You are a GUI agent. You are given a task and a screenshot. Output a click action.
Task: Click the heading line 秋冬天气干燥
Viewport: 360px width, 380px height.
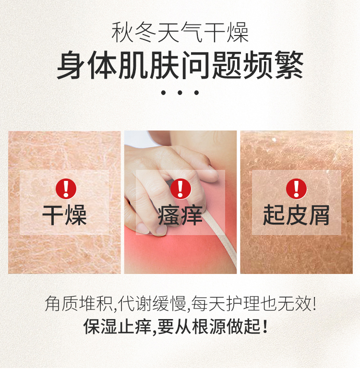click(180, 32)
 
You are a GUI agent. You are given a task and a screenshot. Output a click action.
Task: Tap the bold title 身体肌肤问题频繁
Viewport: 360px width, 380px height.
click(180, 65)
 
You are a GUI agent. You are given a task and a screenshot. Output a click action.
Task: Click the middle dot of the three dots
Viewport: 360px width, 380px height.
click(180, 93)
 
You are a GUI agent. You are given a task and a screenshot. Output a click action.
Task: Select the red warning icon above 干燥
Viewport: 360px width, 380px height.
click(66, 189)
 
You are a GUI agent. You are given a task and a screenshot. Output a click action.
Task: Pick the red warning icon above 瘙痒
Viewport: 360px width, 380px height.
click(180, 189)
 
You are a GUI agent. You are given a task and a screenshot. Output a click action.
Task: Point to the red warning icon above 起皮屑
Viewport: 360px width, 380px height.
click(296, 189)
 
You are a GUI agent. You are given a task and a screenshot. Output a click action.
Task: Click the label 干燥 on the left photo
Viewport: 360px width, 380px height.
click(64, 215)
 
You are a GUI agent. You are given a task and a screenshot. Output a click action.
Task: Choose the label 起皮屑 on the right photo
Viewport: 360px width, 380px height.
click(296, 215)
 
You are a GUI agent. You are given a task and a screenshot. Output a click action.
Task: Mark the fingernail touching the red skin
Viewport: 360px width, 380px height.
click(161, 231)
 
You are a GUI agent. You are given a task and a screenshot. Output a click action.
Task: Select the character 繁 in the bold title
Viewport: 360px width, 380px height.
click(289, 65)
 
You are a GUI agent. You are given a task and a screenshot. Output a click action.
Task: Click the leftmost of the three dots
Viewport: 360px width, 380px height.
click(163, 93)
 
